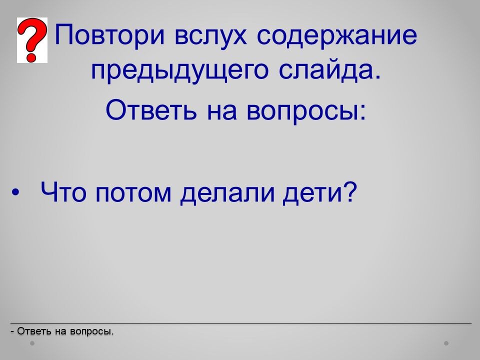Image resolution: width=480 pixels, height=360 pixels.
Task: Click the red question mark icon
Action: pos(32,40)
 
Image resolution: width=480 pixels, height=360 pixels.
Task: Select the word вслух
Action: pos(210,35)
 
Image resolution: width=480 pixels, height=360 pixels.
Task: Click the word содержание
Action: pos(336,35)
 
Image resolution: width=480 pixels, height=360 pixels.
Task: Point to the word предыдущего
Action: pos(180,70)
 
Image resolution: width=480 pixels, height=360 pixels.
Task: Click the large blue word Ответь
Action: pos(151,109)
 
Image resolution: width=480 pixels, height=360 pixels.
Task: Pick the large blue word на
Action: pos(222,111)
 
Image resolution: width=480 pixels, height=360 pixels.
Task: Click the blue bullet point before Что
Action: pos(15,193)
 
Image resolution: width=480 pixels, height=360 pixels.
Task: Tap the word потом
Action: pos(133,194)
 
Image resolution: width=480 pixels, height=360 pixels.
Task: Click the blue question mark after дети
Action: pos(350,191)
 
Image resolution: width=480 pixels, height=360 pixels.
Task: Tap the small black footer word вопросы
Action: pos(91,331)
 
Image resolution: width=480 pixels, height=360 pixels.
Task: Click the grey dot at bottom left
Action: pos(32,343)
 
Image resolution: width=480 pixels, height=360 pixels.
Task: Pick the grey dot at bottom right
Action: pos(446,343)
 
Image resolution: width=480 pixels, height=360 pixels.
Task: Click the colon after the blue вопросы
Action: pos(363,111)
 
